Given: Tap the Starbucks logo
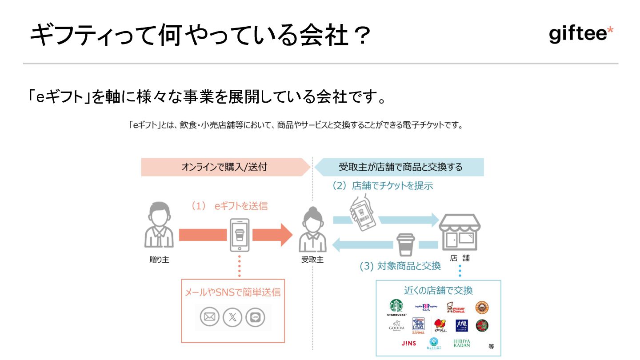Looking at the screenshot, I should pyautogui.click(x=396, y=307).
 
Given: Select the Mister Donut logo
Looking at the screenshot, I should pyautogui.click(x=456, y=308).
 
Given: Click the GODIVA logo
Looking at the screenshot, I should pyautogui.click(x=396, y=327).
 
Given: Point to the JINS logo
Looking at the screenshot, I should pyautogui.click(x=409, y=343).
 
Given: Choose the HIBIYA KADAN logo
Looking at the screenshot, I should pyautogui.click(x=461, y=343).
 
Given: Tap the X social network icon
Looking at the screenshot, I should pyautogui.click(x=233, y=317).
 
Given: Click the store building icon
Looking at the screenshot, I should pyautogui.click(x=460, y=232).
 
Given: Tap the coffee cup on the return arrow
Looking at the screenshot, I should pyautogui.click(x=405, y=244).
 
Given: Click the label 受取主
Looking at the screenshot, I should pyautogui.click(x=312, y=260).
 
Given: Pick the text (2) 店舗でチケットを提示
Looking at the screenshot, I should pyautogui.click(x=383, y=186).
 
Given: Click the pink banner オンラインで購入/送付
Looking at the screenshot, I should pyautogui.click(x=225, y=167).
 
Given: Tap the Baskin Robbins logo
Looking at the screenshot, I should pyautogui.click(x=426, y=307).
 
